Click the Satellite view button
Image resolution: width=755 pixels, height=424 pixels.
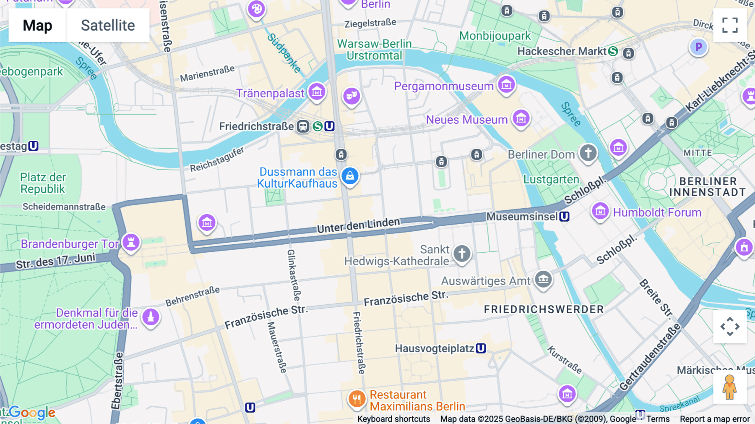(x=108, y=25)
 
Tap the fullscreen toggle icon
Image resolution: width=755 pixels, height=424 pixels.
(x=730, y=25)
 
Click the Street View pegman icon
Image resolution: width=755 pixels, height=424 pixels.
(x=730, y=387)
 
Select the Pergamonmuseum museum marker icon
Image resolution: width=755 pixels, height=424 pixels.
(x=506, y=85)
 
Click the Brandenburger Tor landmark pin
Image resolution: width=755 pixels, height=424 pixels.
(x=131, y=242)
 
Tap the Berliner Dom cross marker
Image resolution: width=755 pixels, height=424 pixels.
(x=588, y=153)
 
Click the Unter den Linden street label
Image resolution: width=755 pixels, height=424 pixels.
(x=358, y=225)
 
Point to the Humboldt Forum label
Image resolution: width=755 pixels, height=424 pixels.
(x=657, y=212)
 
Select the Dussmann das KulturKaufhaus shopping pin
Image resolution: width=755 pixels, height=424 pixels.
(x=350, y=176)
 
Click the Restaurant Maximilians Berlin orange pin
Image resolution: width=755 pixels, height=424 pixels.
(x=357, y=399)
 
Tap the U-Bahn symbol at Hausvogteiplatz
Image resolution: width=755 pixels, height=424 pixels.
(x=481, y=348)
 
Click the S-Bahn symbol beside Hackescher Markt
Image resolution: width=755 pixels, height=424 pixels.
(x=613, y=51)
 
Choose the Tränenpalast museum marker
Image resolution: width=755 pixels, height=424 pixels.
(x=317, y=92)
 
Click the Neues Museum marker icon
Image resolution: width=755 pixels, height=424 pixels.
(x=521, y=119)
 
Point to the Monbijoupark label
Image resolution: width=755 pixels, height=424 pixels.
(x=495, y=36)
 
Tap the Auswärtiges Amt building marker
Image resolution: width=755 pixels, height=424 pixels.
(x=544, y=279)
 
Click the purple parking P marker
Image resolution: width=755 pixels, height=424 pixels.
(x=698, y=47)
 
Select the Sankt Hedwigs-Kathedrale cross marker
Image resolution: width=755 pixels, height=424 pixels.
(x=462, y=254)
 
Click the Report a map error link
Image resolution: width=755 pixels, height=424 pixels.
(x=714, y=419)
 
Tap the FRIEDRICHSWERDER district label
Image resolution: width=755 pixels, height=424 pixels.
(x=544, y=309)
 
